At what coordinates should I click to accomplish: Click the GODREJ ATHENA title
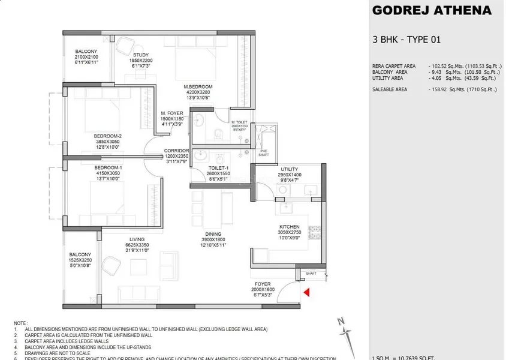tap(432, 10)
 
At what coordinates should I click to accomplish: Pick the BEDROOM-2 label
tap(108, 136)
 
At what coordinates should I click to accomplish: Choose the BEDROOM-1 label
tap(108, 167)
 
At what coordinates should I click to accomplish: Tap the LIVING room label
tap(137, 239)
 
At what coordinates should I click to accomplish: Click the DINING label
tap(213, 234)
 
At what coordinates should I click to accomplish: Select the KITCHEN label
tap(289, 227)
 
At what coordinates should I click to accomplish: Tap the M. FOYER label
tap(171, 113)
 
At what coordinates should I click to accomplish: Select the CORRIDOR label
tap(177, 151)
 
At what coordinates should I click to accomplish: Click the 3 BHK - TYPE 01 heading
tap(406, 40)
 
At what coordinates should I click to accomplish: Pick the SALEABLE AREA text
tap(390, 89)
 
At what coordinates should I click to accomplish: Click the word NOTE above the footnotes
tap(22, 322)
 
